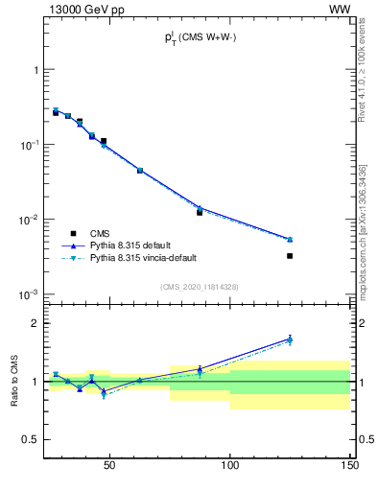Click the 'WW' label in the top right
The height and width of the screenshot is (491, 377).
pos(340,9)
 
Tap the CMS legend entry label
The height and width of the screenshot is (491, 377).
pos(100,233)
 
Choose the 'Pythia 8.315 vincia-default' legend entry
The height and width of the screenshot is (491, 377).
pos(142,258)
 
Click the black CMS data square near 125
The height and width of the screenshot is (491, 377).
pos(290,256)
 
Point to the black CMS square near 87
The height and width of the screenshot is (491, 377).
pos(200,212)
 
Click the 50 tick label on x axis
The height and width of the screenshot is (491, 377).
pos(109,466)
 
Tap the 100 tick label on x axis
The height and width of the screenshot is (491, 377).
pos(230,466)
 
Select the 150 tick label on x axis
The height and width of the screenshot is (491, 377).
pos(350,466)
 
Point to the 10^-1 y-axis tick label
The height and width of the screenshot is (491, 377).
pos(30,145)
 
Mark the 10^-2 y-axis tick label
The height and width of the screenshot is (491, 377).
pos(30,220)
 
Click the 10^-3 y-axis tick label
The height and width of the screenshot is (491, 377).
pos(30,294)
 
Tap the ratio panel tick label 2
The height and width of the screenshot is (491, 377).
pos(35,323)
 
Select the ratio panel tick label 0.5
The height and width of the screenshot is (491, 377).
pos(32,439)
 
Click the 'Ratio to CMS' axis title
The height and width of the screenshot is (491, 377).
pos(14,382)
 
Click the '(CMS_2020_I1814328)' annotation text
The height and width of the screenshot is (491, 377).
pos(199,287)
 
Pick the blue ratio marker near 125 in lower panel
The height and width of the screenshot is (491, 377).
pos(290,338)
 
